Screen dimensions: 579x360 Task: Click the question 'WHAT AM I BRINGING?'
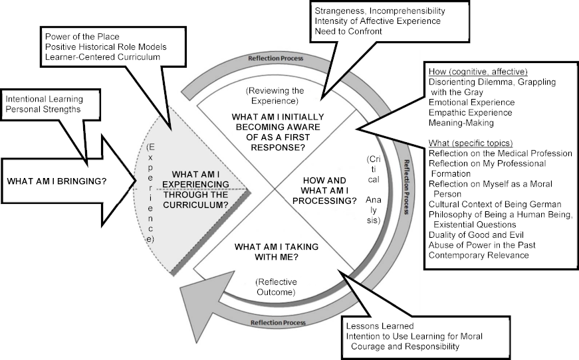[57, 181]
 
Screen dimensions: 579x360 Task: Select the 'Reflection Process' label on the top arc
[275, 58]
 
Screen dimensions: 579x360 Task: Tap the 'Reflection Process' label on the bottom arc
[278, 323]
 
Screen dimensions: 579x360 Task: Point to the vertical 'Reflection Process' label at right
[406, 187]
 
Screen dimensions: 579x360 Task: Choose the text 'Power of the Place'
[82, 37]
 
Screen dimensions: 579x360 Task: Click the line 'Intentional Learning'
[45, 99]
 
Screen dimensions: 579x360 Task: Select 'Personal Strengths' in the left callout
[43, 109]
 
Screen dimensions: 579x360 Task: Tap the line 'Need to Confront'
[348, 31]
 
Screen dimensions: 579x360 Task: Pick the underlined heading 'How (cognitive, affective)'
[478, 72]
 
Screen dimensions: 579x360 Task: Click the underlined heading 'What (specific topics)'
[471, 143]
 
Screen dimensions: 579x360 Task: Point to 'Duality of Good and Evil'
[476, 235]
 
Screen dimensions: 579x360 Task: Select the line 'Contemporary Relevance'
[479, 255]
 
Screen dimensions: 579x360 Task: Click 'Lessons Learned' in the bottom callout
[380, 326]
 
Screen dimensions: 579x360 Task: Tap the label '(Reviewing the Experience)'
[275, 96]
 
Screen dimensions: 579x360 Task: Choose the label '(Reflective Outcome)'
[276, 287]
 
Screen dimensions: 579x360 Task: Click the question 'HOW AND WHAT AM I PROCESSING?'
[324, 191]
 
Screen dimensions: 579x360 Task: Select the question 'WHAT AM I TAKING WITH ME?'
[277, 252]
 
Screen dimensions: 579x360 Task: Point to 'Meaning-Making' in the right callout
[461, 123]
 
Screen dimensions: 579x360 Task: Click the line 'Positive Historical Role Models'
[106, 47]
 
